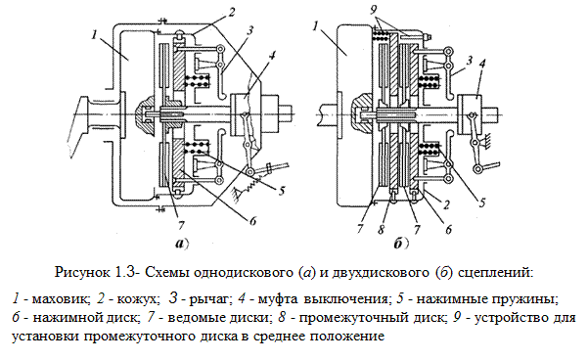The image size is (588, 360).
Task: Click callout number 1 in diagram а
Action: pyautogui.click(x=95, y=34)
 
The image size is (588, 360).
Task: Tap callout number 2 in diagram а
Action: pyautogui.click(x=231, y=13)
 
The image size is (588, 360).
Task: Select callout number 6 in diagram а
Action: pyautogui.click(x=252, y=221)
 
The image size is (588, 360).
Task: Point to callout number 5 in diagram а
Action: pyautogui.click(x=282, y=190)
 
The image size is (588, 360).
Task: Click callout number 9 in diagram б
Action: pyautogui.click(x=373, y=9)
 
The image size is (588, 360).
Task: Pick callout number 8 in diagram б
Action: pyautogui.click(x=381, y=229)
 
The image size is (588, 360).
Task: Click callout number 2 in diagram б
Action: pyautogui.click(x=446, y=205)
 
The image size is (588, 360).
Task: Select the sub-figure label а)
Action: pyautogui.click(x=182, y=244)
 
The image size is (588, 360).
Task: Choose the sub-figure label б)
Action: pyautogui.click(x=402, y=245)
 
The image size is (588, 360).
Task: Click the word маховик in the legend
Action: pyautogui.click(x=61, y=299)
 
